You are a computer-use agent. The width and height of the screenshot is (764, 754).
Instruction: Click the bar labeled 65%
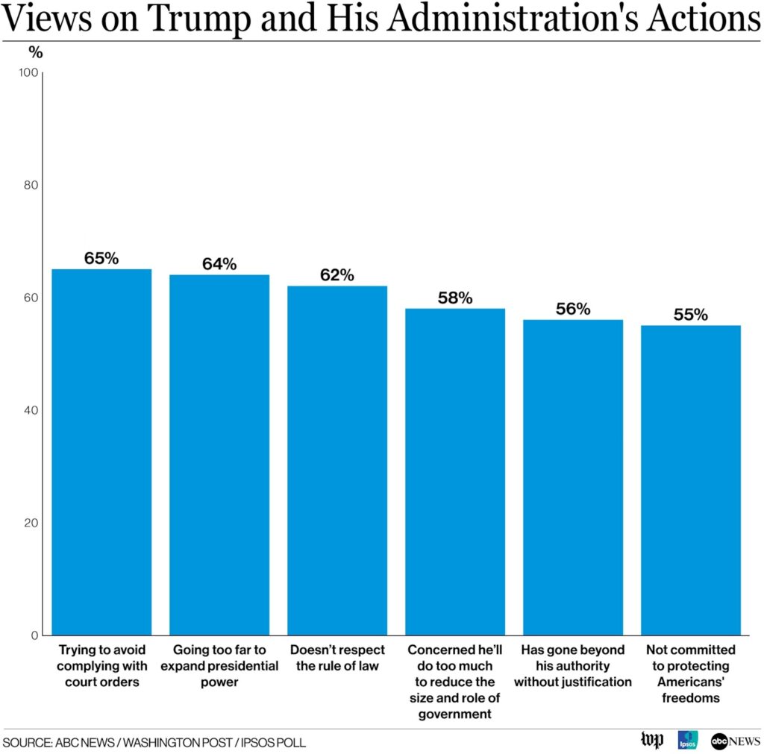coord(101,452)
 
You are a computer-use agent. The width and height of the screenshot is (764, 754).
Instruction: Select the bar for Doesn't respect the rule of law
coord(337,460)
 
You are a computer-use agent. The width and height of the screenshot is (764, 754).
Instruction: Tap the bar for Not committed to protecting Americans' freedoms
coord(691,480)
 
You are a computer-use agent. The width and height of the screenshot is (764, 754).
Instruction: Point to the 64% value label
coord(219,264)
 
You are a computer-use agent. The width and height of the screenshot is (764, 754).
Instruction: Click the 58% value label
coord(455,298)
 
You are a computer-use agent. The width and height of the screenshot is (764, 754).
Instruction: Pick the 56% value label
coord(573,309)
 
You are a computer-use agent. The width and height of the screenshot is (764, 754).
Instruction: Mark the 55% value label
coord(691,315)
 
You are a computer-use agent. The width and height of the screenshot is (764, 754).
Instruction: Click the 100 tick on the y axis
coord(28,72)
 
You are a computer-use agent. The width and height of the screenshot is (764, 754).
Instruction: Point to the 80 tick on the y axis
coord(31,185)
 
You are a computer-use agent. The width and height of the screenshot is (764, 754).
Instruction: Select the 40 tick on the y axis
coord(31,410)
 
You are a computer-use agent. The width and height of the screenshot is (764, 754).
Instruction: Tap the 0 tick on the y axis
coord(34,635)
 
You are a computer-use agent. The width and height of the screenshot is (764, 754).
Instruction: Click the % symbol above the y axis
coord(36,52)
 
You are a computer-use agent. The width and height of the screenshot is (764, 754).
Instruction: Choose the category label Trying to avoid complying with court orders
coord(101,666)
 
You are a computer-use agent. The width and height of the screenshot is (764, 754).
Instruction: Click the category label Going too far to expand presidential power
coord(219,666)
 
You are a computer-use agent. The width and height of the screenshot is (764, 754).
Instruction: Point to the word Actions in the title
coord(704,19)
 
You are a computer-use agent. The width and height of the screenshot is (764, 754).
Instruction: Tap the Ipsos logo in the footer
coord(687,741)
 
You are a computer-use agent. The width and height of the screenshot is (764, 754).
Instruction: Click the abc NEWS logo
coord(735,741)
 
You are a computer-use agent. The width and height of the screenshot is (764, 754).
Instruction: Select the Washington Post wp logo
coord(652,741)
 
